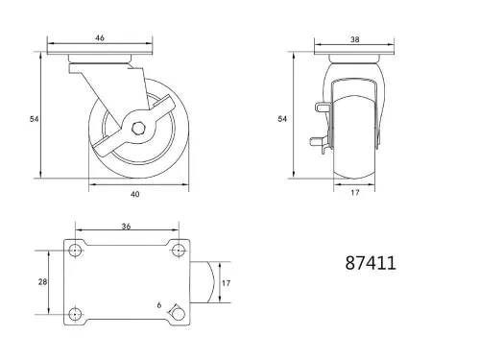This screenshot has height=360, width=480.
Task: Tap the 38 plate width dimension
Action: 356,41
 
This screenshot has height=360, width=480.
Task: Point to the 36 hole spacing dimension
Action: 127,228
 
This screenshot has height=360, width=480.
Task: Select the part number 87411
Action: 369,261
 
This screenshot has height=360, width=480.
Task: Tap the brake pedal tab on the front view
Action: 318,145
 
